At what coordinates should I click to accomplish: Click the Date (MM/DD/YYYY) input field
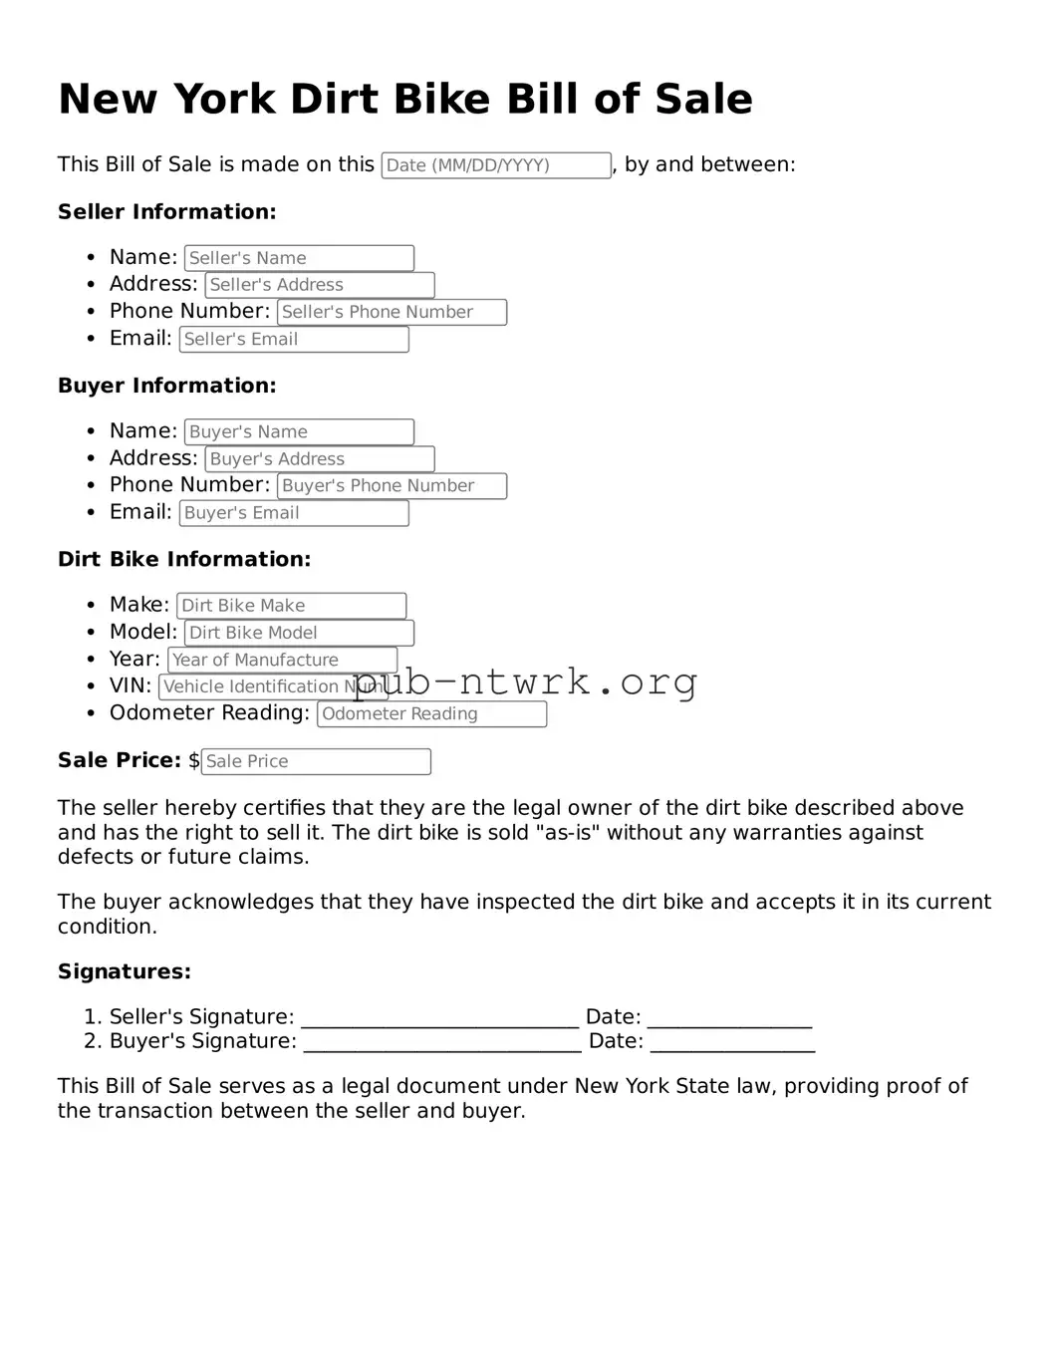(x=496, y=165)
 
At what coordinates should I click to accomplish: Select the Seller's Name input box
(x=299, y=258)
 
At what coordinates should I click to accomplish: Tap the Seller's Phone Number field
(x=392, y=312)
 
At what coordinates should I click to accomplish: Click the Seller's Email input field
(x=294, y=339)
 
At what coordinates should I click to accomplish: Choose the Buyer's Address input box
(x=320, y=459)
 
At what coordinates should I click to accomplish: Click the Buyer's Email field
(x=294, y=513)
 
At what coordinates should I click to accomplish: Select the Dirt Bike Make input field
(x=291, y=606)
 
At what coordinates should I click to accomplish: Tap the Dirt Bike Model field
(x=299, y=633)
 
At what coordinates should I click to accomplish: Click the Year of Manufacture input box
(x=282, y=660)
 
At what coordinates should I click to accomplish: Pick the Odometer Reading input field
(x=431, y=713)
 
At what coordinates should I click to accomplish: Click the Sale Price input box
(x=316, y=761)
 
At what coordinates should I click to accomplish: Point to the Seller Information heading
(x=166, y=212)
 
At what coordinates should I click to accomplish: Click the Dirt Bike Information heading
(x=184, y=559)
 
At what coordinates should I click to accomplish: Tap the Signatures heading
(x=124, y=971)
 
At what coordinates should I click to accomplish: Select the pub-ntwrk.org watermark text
(x=525, y=682)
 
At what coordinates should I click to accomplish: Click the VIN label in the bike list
(x=130, y=686)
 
